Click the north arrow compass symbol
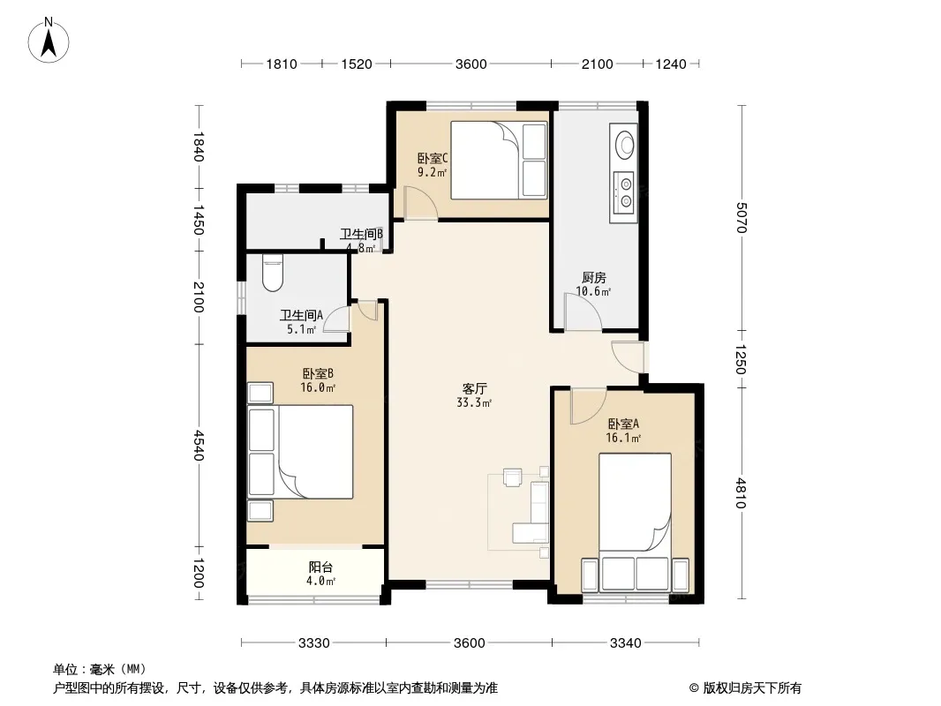click(49, 41)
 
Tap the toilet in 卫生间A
click(273, 273)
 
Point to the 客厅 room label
click(474, 389)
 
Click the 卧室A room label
click(623, 424)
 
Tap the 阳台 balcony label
click(320, 567)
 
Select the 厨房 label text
click(593, 278)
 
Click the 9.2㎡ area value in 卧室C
click(432, 173)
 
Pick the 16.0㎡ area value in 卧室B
click(318, 387)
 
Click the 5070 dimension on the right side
click(742, 218)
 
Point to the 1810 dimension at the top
click(282, 64)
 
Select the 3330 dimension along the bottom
click(314, 643)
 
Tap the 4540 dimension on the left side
click(199, 445)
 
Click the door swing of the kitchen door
click(582, 312)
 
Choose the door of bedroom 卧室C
click(420, 203)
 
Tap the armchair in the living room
click(513, 478)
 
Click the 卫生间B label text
click(361, 234)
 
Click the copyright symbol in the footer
click(694, 688)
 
